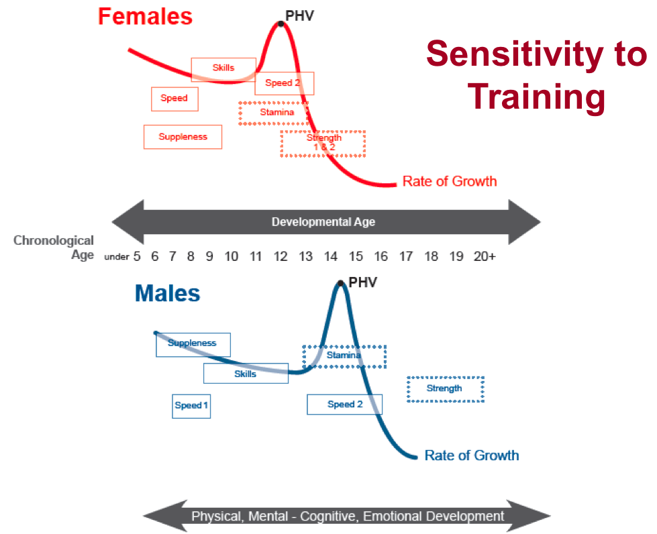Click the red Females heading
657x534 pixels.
[x=145, y=17]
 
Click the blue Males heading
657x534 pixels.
[x=168, y=293]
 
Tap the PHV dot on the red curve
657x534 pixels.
[x=281, y=24]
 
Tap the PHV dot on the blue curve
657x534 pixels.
[x=341, y=284]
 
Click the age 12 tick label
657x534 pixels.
[x=281, y=256]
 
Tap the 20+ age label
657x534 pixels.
[x=485, y=256]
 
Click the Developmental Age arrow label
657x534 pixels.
[x=323, y=222]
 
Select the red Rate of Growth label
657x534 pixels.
[x=450, y=181]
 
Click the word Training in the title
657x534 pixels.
[x=536, y=97]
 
